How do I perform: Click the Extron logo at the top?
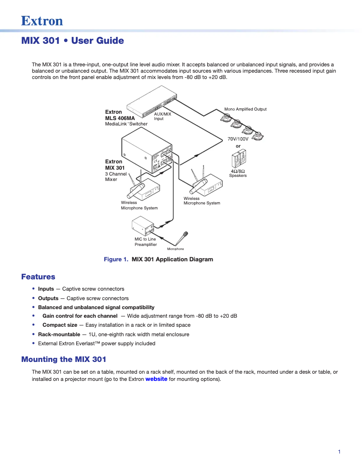point(42,21)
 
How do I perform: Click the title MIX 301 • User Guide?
point(72,41)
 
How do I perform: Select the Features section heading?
point(38,277)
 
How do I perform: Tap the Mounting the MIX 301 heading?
point(64,359)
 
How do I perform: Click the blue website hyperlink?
point(156,379)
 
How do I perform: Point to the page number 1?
point(339,452)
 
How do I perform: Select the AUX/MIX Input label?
point(162,116)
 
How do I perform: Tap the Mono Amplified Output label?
point(246,109)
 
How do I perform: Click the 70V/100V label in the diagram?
point(238,139)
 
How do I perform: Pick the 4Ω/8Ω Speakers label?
point(238,173)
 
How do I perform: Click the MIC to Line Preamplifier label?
point(145,242)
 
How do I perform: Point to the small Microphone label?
point(176,249)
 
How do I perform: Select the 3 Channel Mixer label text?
point(116,176)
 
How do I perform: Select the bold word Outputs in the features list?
point(48,298)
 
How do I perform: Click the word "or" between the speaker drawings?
point(238,146)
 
